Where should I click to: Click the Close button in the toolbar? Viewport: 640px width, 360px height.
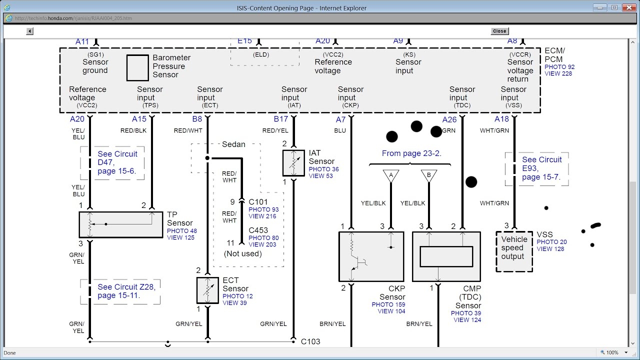[x=499, y=31]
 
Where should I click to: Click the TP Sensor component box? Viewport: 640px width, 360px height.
[x=121, y=224]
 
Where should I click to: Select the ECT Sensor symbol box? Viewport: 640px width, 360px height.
[x=207, y=290]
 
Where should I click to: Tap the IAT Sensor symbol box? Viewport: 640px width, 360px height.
[x=293, y=162]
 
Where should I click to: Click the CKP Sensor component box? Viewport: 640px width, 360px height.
[x=371, y=256]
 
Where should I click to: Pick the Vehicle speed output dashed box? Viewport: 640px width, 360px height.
[x=513, y=251]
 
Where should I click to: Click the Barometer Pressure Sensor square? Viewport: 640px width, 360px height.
[x=137, y=67]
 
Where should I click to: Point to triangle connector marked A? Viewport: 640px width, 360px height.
[x=391, y=175]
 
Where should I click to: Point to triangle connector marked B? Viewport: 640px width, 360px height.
[x=428, y=175]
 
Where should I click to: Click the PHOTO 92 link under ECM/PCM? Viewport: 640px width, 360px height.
[x=559, y=67]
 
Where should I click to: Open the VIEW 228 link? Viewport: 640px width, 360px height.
[x=558, y=74]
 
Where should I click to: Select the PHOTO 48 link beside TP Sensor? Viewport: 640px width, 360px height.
[x=182, y=231]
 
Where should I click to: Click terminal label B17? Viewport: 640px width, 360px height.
[x=280, y=119]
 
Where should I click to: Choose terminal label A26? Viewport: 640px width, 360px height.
[x=449, y=119]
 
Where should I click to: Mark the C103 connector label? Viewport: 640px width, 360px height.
[x=310, y=341]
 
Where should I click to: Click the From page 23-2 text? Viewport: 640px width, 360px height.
[x=411, y=153]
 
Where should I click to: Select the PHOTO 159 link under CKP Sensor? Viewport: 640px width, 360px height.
[x=388, y=304]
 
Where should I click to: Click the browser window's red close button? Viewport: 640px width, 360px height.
[x=627, y=7]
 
